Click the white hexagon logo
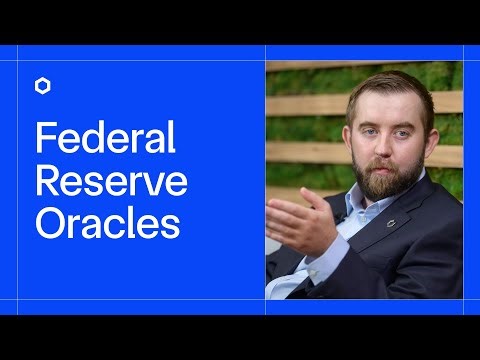[x=43, y=86]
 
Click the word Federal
[x=105, y=138]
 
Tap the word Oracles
[x=107, y=224]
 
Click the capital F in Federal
[x=45, y=138]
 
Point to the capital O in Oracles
[x=49, y=224]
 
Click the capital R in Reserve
[x=47, y=181]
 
